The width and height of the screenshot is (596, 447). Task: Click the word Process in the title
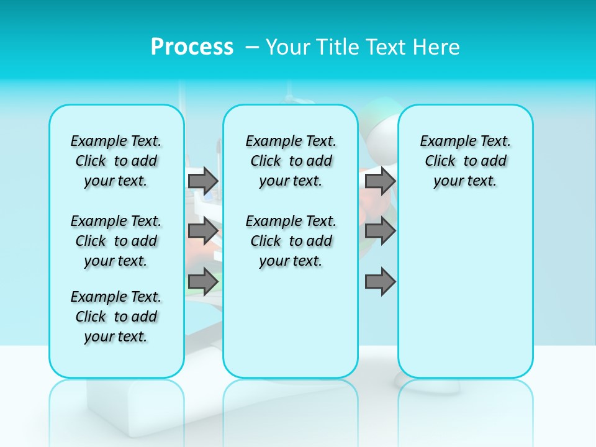(192, 47)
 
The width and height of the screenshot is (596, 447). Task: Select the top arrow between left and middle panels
(203, 181)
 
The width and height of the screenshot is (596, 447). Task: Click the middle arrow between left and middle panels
(203, 231)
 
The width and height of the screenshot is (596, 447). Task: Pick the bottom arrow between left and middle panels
(203, 282)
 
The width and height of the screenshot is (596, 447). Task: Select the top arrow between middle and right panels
(381, 181)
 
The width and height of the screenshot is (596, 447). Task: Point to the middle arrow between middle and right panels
(381, 231)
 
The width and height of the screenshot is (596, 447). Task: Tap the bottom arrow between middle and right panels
(381, 282)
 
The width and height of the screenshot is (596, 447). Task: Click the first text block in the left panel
(116, 161)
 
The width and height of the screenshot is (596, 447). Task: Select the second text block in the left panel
(116, 241)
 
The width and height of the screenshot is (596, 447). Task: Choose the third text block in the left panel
(116, 317)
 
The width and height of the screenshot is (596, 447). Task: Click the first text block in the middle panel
(291, 161)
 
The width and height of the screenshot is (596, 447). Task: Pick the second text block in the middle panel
(291, 241)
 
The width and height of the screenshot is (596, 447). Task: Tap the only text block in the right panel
(465, 161)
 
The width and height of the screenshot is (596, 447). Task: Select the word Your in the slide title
(288, 47)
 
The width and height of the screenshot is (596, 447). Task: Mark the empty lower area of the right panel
(465, 292)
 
